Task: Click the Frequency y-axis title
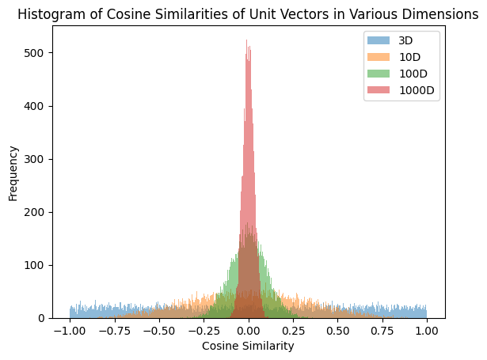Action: [13, 172]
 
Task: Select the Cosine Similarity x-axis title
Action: [249, 347]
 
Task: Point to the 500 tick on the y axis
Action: [37, 53]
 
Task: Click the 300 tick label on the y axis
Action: [37, 159]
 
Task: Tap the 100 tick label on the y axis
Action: [37, 265]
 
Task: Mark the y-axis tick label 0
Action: [43, 318]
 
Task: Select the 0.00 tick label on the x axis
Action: [249, 331]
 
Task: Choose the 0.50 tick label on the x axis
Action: [338, 331]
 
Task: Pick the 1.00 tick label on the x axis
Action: [427, 331]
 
